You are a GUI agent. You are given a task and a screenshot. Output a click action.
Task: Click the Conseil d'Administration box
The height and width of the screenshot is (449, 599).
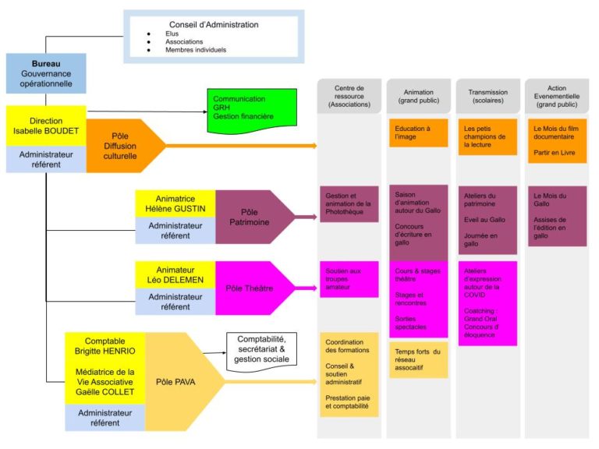[x=213, y=37]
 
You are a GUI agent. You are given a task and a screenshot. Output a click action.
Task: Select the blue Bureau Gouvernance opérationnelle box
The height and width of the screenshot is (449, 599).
[x=46, y=73]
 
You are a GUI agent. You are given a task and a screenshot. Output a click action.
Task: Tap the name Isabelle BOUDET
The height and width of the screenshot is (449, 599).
[x=46, y=131]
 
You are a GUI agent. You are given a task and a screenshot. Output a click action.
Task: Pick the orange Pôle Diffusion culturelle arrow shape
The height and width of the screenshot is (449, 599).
[x=120, y=146]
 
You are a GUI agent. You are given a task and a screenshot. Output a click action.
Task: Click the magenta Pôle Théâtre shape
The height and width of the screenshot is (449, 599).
[x=249, y=288]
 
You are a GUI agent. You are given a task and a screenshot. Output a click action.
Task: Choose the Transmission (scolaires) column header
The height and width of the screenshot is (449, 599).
[x=487, y=97]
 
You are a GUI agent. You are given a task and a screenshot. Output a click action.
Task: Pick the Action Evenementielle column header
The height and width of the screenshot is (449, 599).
[x=557, y=97]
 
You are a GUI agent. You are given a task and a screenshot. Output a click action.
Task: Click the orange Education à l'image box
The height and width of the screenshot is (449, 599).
[x=419, y=133]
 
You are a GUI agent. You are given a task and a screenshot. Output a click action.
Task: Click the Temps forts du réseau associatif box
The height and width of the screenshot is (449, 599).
[x=419, y=360]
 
